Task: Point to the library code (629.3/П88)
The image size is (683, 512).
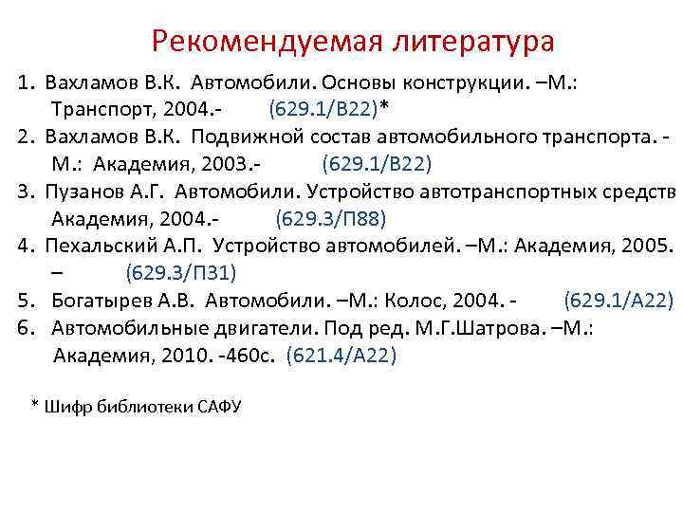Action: coord(331,219)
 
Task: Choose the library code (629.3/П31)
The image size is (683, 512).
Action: coord(180,274)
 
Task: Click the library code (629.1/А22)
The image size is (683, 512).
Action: coord(618,302)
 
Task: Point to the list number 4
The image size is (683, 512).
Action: coord(24,247)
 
